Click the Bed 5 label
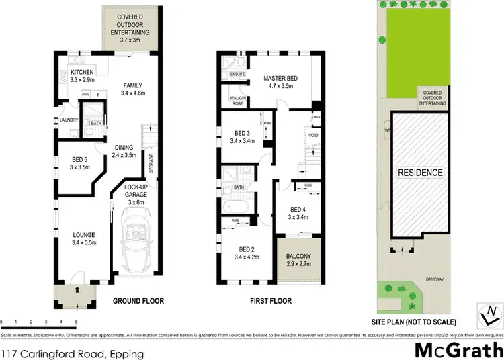point(71,163)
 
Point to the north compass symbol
point(491,312)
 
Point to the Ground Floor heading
point(138,301)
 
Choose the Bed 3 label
point(241,136)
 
